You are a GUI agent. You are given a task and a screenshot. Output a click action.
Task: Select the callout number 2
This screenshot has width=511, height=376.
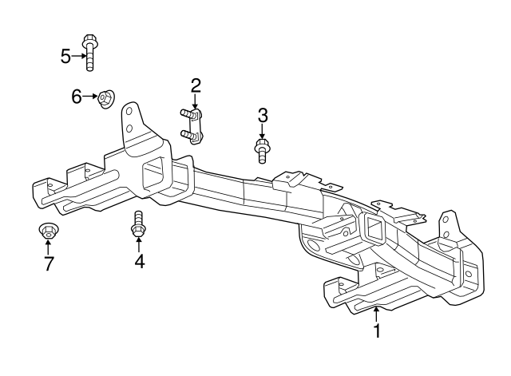pos(195,85)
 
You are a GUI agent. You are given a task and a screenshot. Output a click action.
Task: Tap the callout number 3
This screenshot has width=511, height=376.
pos(263,116)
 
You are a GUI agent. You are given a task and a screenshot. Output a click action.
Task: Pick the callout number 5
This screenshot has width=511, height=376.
pos(65,55)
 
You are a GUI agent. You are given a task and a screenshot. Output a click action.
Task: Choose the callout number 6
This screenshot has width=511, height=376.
pos(77,97)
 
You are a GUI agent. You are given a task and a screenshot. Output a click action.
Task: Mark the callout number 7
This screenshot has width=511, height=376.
pos(49,263)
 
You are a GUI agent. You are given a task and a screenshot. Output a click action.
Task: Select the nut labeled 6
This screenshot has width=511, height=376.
pos(105,100)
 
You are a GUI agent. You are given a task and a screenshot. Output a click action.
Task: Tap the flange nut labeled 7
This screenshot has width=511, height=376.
pos(48,232)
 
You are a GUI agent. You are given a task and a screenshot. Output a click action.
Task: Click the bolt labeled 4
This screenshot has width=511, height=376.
pos(137,225)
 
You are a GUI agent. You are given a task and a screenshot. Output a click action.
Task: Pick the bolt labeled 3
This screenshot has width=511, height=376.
pos(262,149)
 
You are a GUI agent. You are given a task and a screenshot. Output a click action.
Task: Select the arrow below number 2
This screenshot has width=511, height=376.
pos(195,101)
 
